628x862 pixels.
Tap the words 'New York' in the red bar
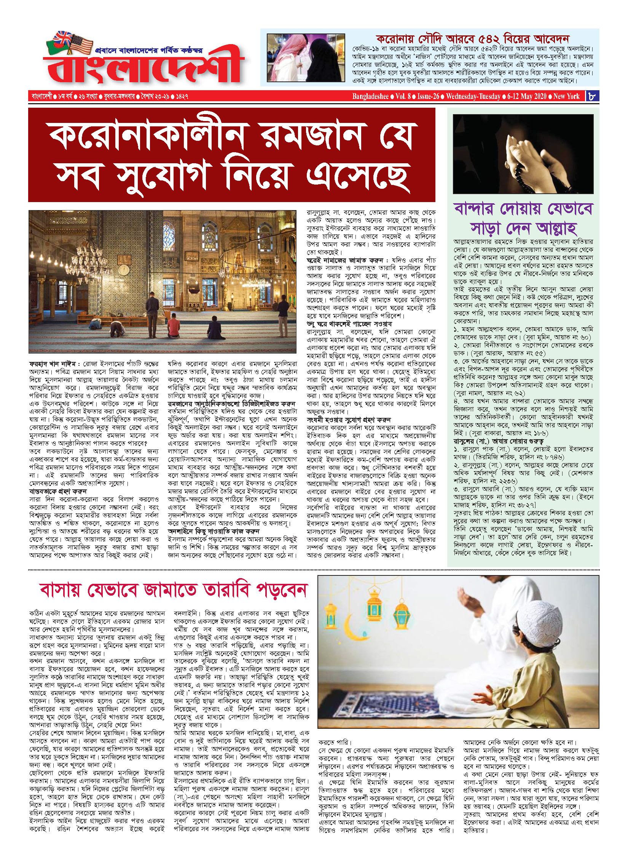tap(566, 96)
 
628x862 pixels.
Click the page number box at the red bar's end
tap(592, 96)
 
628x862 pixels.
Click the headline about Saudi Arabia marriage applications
tap(472, 39)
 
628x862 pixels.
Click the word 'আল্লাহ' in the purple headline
tap(556, 228)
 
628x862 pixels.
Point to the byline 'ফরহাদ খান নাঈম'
tap(52, 364)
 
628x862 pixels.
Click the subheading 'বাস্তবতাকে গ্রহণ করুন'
tap(58, 491)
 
